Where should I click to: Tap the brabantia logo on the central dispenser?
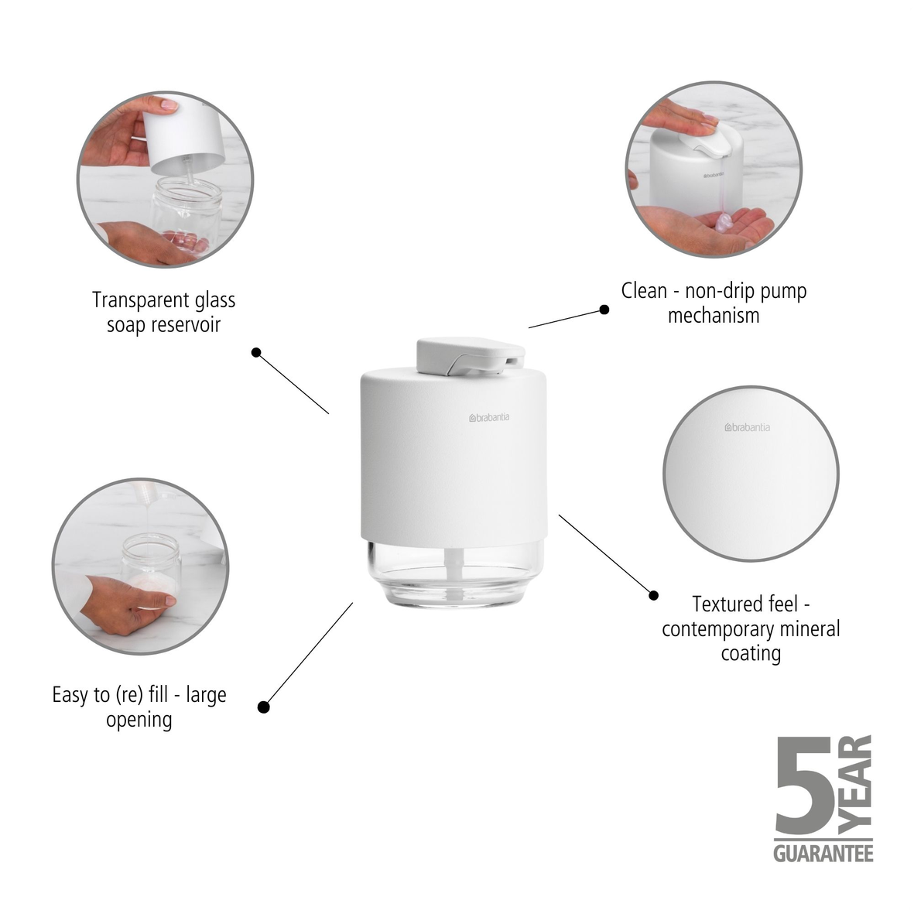[489, 419]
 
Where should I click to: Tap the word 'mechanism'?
[714, 315]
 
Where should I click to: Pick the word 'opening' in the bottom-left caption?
[139, 720]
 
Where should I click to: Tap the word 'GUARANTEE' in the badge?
[823, 853]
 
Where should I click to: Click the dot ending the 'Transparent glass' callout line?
[257, 353]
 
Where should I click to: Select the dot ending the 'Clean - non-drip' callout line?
[604, 310]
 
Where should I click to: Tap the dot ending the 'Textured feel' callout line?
[653, 595]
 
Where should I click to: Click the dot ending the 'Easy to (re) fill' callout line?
[263, 707]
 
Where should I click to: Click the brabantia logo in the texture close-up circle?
[747, 427]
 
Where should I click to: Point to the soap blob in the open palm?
[723, 223]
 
